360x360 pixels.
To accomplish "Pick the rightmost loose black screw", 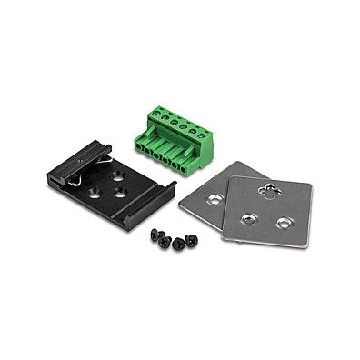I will [x=192, y=239].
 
